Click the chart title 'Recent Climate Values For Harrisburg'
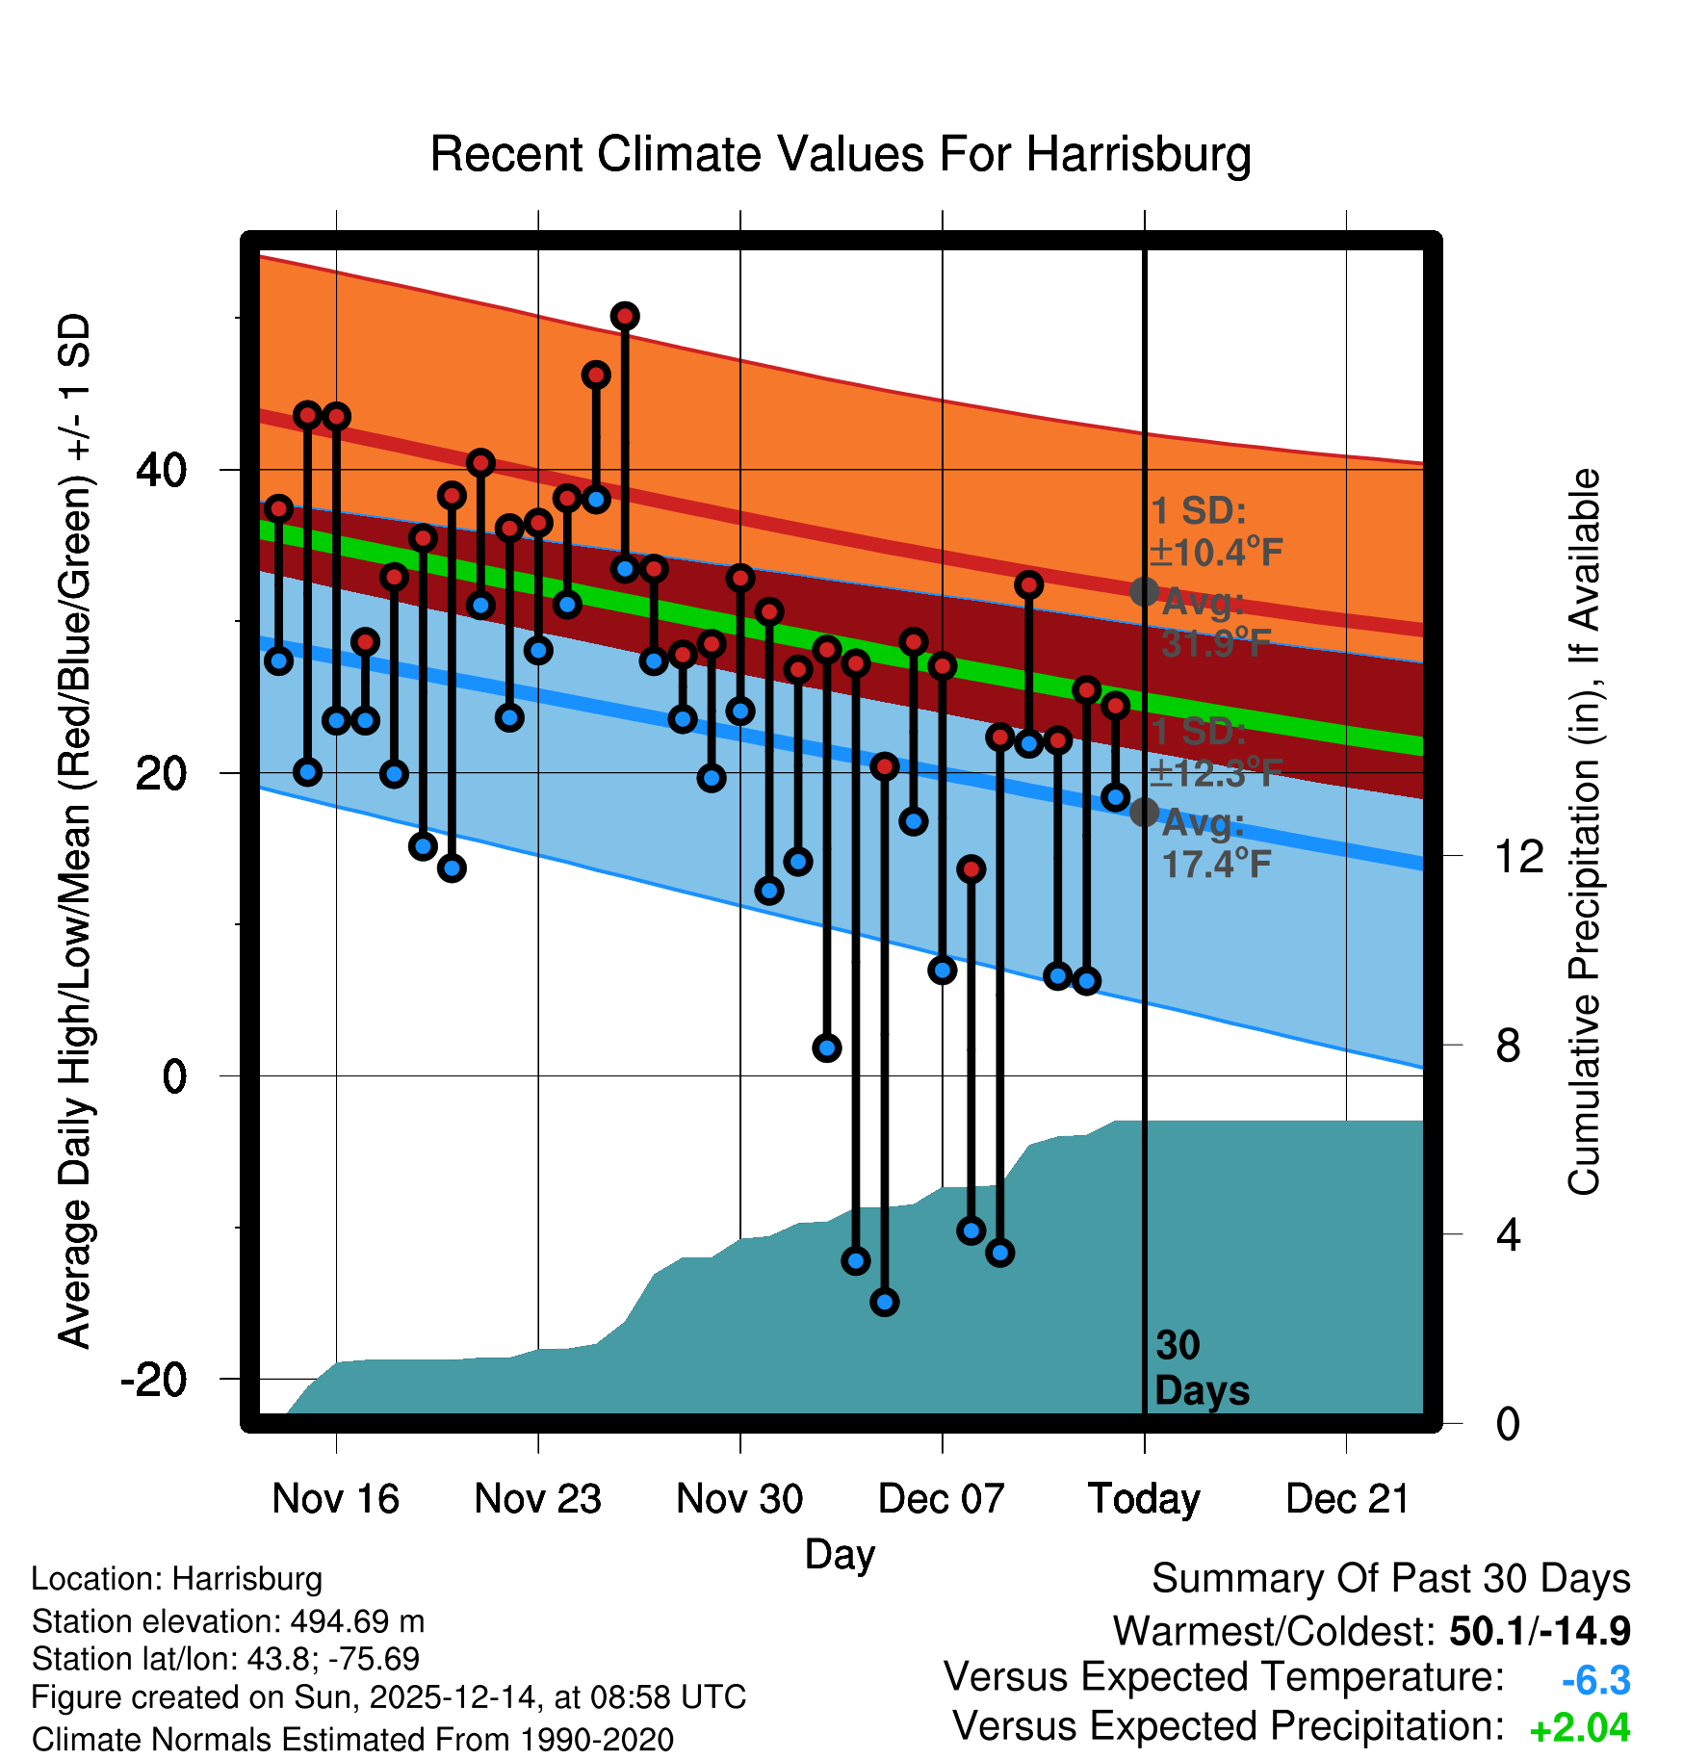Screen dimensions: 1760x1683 pos(841,155)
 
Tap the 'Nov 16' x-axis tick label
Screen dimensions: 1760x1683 pos(335,1499)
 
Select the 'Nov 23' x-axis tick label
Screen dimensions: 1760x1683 pos(537,1499)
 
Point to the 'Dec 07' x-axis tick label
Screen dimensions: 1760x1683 pos(942,1499)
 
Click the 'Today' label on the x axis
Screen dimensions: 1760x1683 pos(1144,1499)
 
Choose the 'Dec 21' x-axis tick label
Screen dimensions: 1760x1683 pos(1347,1499)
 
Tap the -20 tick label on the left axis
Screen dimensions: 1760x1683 pos(154,1379)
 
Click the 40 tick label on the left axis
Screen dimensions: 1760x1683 pos(162,470)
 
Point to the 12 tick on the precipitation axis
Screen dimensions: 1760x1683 pos(1518,856)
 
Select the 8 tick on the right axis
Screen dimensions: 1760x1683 pos(1508,1046)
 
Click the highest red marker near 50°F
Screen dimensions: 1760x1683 pos(625,316)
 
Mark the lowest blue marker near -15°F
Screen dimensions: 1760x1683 pos(885,1302)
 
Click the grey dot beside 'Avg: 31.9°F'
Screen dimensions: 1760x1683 pos(1144,591)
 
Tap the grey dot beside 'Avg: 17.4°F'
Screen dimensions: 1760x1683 pos(1144,813)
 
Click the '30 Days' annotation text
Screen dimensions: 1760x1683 pos(1201,1368)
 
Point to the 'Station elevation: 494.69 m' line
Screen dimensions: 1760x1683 pos(228,1621)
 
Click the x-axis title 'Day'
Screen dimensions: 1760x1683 pos(840,1555)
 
